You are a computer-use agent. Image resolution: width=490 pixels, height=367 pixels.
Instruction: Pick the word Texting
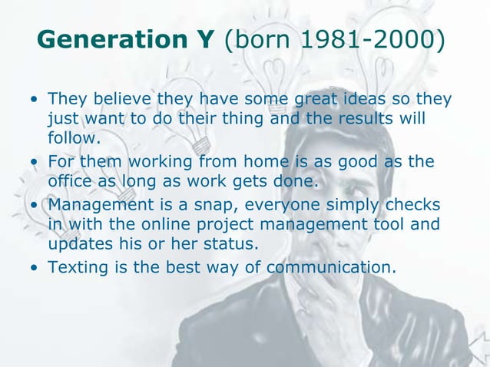(78, 269)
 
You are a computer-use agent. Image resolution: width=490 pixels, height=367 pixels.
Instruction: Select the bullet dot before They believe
(34, 101)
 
